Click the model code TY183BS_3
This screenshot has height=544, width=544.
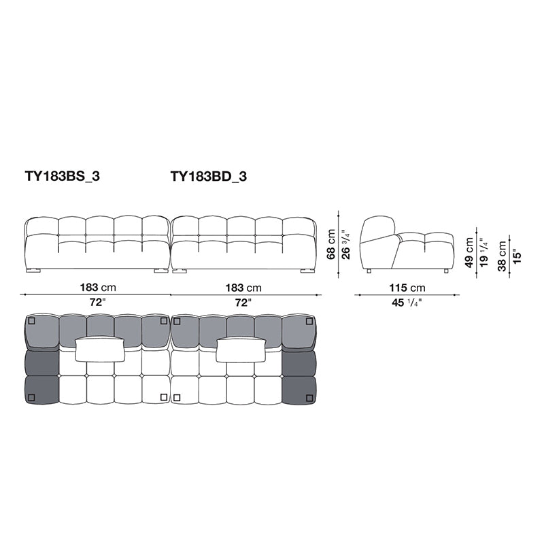coord(62,177)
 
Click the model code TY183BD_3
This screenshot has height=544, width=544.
coord(209,177)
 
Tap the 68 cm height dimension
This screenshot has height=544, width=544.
coord(331,244)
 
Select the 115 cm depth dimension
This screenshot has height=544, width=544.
coord(407,288)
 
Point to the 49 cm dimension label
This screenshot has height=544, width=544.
coord(469,252)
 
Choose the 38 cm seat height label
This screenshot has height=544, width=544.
coord(502,256)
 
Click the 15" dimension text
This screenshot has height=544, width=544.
coord(517,256)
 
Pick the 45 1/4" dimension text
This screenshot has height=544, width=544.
coord(407,303)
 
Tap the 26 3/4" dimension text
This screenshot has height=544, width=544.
coord(345,244)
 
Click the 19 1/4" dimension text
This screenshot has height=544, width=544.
coord(484,252)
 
